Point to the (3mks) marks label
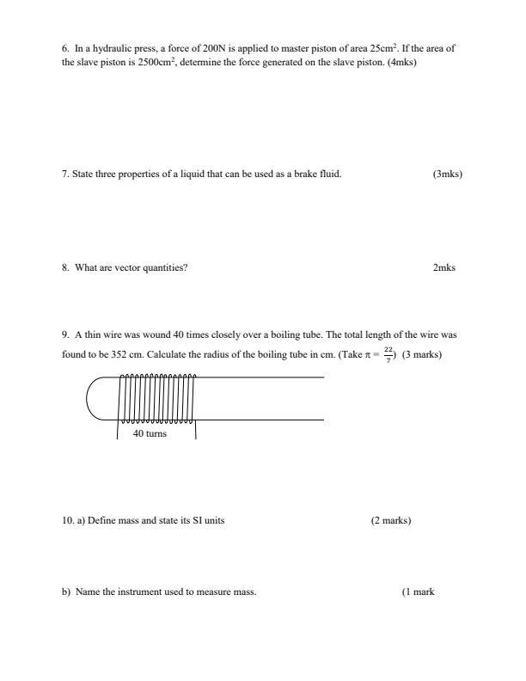[448, 175]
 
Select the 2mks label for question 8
[444, 267]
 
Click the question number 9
[65, 334]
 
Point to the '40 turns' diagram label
[150, 434]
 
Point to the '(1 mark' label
[418, 592]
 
